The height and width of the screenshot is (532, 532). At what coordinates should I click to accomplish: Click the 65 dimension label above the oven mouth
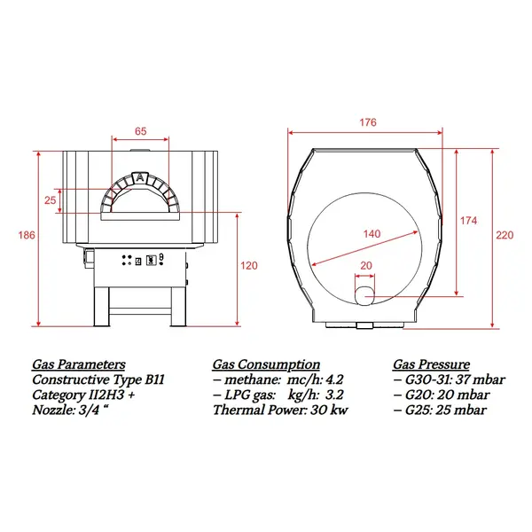tap(140, 131)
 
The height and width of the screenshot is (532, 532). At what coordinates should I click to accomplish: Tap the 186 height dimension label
tap(27, 235)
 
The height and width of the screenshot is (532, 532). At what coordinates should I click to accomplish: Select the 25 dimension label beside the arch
tap(50, 200)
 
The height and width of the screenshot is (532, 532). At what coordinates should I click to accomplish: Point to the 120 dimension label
tap(249, 265)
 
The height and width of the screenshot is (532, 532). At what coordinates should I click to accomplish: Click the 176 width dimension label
tap(368, 122)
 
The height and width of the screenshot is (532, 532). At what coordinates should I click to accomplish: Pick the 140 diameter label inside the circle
tap(372, 234)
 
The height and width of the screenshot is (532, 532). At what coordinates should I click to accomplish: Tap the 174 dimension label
tap(468, 221)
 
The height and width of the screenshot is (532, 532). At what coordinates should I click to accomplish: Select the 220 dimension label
tap(505, 235)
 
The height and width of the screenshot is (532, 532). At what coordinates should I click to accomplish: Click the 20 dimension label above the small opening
tap(366, 265)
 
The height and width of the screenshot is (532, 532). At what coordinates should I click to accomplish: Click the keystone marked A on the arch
tap(140, 177)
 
